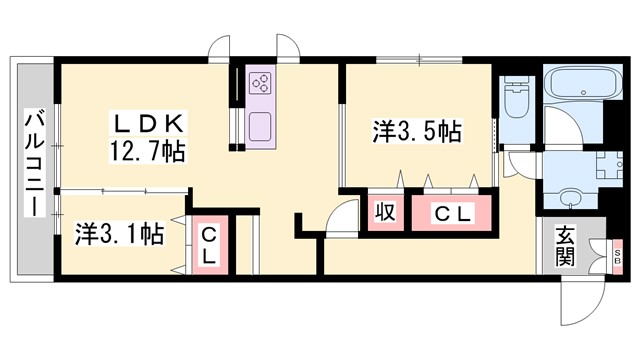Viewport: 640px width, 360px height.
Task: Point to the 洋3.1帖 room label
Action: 119,235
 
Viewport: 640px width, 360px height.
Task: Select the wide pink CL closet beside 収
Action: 451,212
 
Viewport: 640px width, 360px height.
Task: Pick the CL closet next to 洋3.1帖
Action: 209,245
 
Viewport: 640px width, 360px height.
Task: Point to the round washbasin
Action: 569,196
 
